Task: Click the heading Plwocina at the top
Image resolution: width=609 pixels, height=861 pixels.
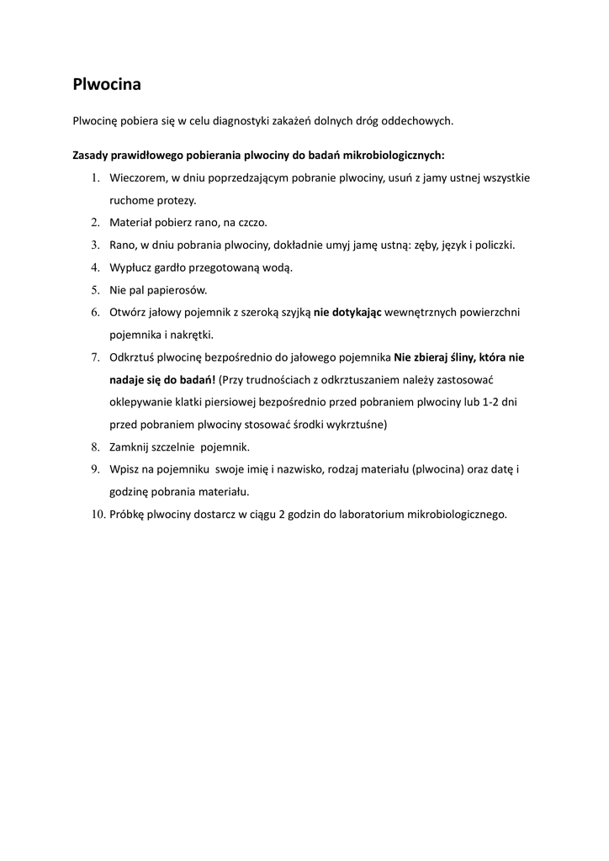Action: [107, 85]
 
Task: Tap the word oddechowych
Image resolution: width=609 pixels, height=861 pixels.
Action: [417, 121]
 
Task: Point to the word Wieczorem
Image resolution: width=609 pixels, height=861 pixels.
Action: [139, 178]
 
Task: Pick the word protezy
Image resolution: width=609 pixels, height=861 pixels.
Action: [176, 200]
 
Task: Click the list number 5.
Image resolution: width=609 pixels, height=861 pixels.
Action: [95, 290]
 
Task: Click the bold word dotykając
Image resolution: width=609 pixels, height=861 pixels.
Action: [347, 313]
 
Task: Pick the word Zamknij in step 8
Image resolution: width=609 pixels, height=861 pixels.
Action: [130, 447]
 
